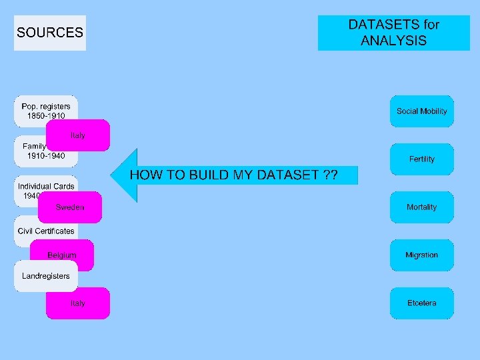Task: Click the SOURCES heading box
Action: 50,33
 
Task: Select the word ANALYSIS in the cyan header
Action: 393,41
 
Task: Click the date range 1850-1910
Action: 46,116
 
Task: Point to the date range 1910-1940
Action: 46,156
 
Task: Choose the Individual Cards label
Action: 46,186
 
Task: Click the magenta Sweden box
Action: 70,207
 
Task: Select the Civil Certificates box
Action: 46,231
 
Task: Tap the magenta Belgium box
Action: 62,255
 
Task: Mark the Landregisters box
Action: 46,275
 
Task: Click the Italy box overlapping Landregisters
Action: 78,303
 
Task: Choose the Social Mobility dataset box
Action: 421,111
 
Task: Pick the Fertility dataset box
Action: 421,159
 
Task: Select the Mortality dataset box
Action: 421,207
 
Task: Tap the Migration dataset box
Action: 421,255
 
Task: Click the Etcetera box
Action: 421,303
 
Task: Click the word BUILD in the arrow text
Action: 207,175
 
